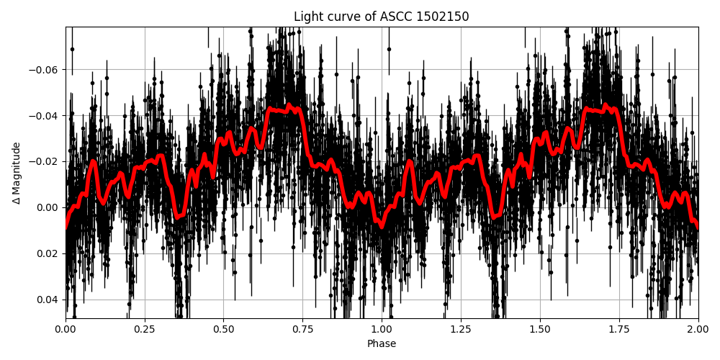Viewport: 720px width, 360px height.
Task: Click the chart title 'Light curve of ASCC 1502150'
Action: pyautogui.click(x=381, y=17)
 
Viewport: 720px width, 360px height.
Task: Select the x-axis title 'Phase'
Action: pyautogui.click(x=381, y=344)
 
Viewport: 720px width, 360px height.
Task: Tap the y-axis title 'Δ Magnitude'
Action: pyautogui.click(x=16, y=173)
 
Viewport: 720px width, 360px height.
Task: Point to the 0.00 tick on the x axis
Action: pyautogui.click(x=66, y=329)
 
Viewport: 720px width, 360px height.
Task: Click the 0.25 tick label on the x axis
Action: pyautogui.click(x=145, y=329)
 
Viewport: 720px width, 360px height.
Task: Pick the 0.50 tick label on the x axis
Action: pyautogui.click(x=223, y=329)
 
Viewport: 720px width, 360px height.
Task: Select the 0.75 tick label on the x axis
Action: pyautogui.click(x=302, y=329)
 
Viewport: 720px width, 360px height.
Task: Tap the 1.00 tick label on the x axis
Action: pyautogui.click(x=382, y=329)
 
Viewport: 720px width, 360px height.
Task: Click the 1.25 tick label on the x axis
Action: pyautogui.click(x=461, y=329)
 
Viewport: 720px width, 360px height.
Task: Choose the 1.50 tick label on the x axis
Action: pyautogui.click(x=540, y=329)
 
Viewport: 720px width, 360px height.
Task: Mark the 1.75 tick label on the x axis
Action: pyautogui.click(x=619, y=329)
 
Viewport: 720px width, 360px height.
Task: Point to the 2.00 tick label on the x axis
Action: pyautogui.click(x=698, y=329)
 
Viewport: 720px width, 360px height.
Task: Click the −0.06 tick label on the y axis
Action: pyautogui.click(x=45, y=70)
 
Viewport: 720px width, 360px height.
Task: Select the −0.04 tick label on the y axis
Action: pyautogui.click(x=45, y=116)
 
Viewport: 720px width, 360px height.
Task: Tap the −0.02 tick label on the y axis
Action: pyautogui.click(x=45, y=161)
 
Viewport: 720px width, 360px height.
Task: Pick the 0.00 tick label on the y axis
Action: pyautogui.click(x=48, y=207)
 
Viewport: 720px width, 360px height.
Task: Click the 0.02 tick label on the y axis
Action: pyautogui.click(x=48, y=253)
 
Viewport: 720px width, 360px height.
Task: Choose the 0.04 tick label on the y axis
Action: pyautogui.click(x=48, y=300)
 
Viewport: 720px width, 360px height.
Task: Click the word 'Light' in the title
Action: pyautogui.click(x=308, y=17)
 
